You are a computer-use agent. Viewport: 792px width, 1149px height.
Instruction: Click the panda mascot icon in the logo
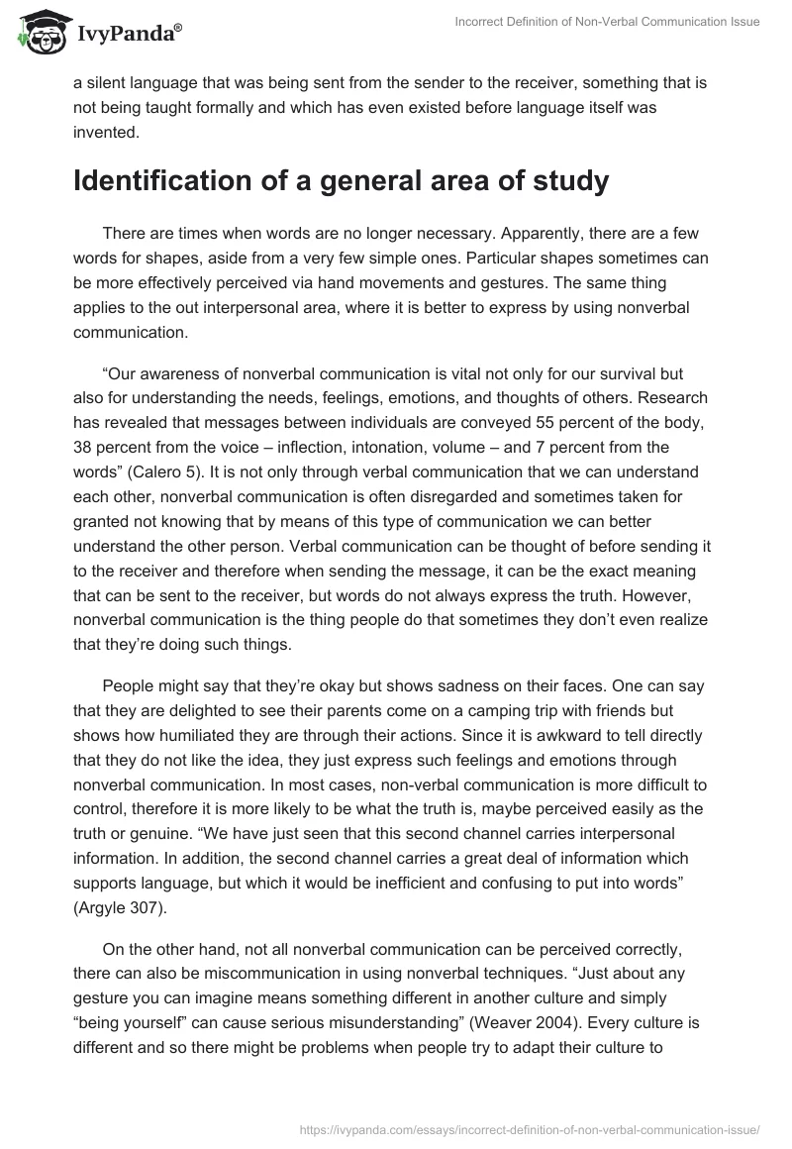click(37, 32)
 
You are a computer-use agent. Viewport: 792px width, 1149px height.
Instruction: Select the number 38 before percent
click(83, 446)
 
